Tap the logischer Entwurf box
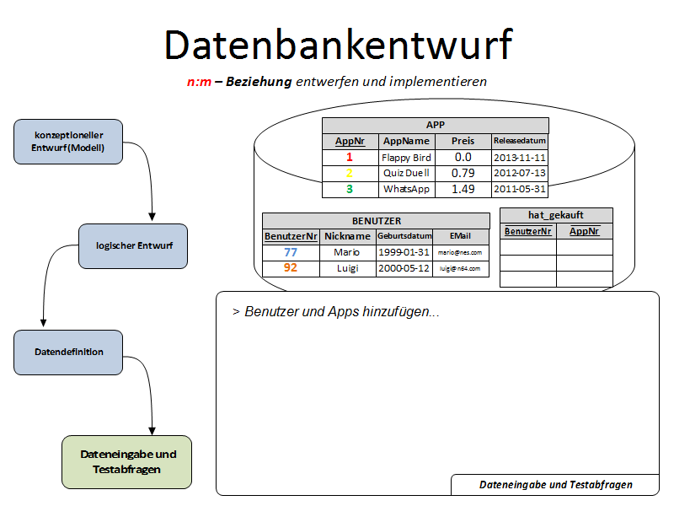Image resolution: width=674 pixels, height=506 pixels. pos(134,245)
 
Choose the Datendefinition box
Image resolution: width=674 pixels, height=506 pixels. pos(69,352)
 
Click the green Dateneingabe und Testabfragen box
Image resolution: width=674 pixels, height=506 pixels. pos(127,461)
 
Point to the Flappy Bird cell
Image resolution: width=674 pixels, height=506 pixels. pos(406,158)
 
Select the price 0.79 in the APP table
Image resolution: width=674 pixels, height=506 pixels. pos(463,173)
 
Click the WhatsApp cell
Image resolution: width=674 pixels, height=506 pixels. pos(406,189)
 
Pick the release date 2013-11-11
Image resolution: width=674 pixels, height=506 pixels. pos(520,158)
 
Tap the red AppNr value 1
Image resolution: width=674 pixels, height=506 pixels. pos(350,158)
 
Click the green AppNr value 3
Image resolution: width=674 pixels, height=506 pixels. pos(350,189)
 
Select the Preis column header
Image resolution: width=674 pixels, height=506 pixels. pos(463,141)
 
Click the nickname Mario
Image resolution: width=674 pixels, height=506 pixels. pos(346,252)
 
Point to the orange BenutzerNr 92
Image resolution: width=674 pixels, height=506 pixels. pos(291,268)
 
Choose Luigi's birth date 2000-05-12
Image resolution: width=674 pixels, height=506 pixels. pos(404,268)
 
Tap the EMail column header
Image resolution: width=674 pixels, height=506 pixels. pos(459,236)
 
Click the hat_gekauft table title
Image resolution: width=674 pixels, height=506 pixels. pos(556,215)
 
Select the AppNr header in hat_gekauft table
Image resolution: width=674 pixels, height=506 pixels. pos(584,230)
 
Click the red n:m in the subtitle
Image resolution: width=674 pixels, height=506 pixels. pos(199,82)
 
